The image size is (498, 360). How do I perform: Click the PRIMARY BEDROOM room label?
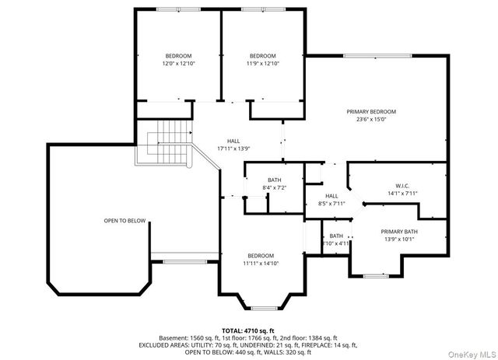point(371,111)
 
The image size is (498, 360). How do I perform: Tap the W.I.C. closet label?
point(402,185)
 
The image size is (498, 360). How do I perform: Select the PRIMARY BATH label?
point(398,232)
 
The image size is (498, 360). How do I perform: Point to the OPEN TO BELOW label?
point(124,221)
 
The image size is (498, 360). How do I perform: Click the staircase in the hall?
point(163,144)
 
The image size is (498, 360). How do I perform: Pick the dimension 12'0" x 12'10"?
point(177,64)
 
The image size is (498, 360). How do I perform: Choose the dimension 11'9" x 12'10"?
point(262,64)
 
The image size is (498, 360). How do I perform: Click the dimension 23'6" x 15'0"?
point(371,120)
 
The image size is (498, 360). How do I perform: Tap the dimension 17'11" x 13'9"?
point(233,148)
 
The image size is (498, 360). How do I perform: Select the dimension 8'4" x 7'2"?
point(274,188)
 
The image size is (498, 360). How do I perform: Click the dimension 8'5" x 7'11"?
point(331,204)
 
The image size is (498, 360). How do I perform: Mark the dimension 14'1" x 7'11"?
point(402,194)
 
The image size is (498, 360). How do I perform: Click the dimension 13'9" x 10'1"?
point(398,239)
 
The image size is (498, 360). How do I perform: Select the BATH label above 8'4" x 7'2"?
point(274,180)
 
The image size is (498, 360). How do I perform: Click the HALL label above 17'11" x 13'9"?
point(233,140)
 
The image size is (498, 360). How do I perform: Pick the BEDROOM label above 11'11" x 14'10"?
point(261,256)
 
